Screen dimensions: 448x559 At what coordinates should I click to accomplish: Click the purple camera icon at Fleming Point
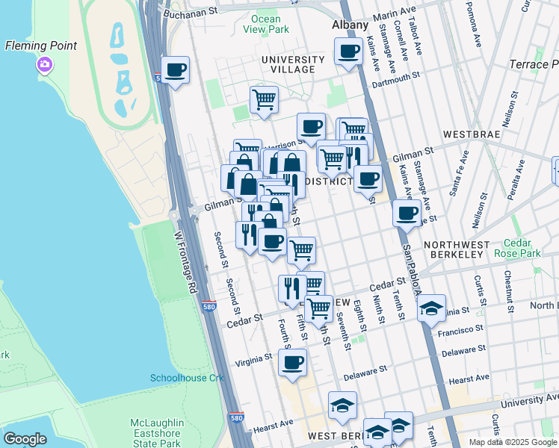pyautogui.click(x=45, y=65)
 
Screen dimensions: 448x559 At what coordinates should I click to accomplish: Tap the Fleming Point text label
pyautogui.click(x=41, y=46)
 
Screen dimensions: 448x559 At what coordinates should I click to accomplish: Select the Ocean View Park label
pyautogui.click(x=266, y=24)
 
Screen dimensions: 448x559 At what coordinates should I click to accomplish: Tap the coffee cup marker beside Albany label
pyautogui.click(x=348, y=52)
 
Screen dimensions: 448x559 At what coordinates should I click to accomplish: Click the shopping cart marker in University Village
pyautogui.click(x=264, y=99)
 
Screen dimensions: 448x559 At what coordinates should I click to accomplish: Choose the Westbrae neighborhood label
pyautogui.click(x=490, y=135)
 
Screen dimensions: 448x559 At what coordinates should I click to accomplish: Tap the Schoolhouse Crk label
pyautogui.click(x=187, y=378)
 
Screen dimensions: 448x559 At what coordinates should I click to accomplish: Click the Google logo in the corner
pyautogui.click(x=25, y=439)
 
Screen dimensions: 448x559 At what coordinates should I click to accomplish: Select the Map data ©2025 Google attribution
pyautogui.click(x=512, y=442)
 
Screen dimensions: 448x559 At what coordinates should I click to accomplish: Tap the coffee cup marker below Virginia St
pyautogui.click(x=292, y=364)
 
